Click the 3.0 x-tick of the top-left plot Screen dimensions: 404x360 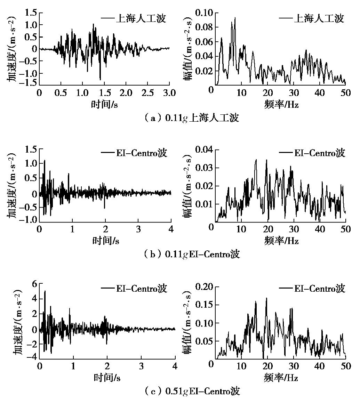[x=169, y=93]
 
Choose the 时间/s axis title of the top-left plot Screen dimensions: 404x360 [x=104, y=105]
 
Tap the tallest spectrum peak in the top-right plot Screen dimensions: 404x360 [x=235, y=18]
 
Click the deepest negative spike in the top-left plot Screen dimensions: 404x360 [x=100, y=79]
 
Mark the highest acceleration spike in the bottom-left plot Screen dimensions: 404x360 [x=45, y=291]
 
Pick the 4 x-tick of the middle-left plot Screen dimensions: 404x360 [x=171, y=230]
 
